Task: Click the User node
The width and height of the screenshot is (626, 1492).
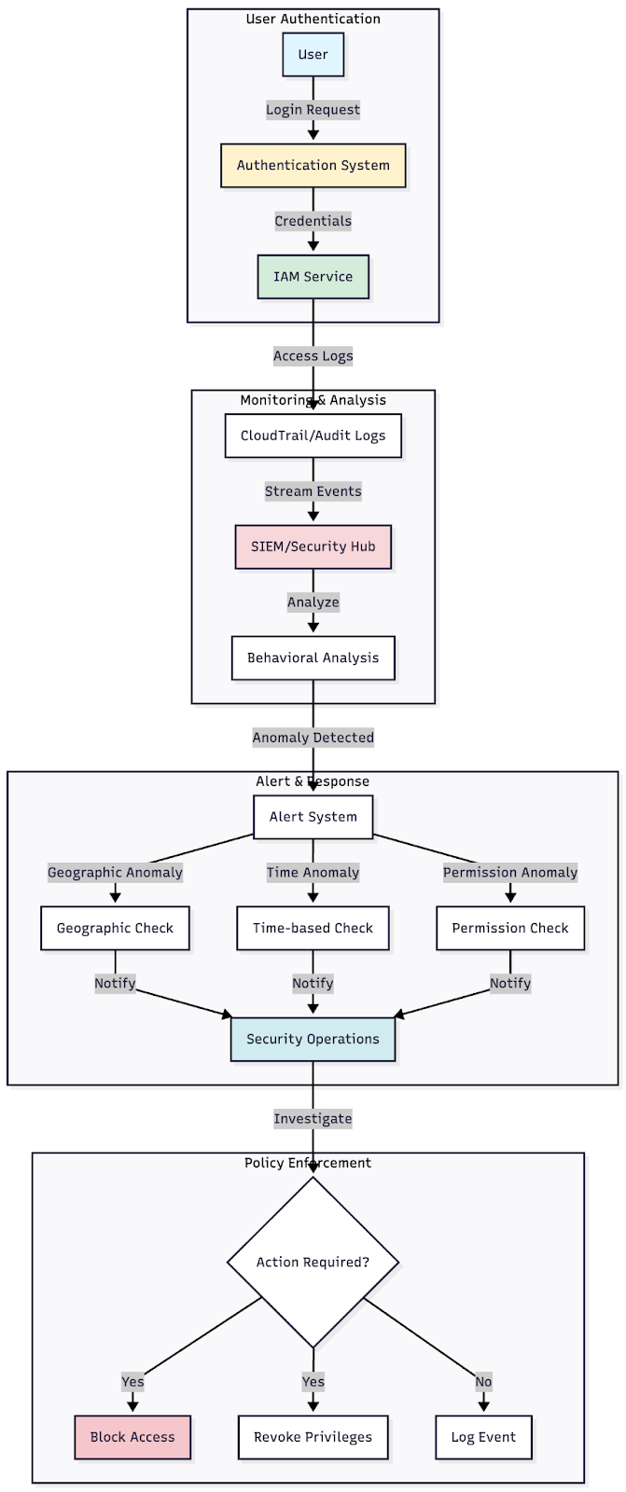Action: tap(313, 55)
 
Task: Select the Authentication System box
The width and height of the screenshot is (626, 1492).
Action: tap(313, 166)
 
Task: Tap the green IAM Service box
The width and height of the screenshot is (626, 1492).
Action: tap(313, 277)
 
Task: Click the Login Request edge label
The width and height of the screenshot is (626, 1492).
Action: tap(313, 110)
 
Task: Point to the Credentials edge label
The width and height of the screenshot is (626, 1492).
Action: tap(313, 221)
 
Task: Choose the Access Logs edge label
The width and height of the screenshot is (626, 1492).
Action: tap(313, 356)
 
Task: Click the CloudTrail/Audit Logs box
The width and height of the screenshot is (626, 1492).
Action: tap(313, 435)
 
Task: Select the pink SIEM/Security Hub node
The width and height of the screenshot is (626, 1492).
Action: tap(313, 546)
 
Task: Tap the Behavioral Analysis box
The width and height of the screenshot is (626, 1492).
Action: tap(313, 657)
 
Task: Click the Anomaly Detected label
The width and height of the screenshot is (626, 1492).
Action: tap(313, 738)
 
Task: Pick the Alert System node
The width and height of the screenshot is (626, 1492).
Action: tap(313, 817)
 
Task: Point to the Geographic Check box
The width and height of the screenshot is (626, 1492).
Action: tap(115, 928)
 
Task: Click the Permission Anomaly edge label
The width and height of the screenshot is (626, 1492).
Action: tap(509, 873)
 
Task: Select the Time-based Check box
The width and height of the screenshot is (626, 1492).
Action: tap(313, 928)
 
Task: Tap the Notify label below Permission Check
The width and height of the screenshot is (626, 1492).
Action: tap(509, 983)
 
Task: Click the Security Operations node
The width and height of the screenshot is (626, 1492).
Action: tap(313, 1039)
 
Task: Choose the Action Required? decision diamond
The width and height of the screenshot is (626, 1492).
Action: tap(313, 1262)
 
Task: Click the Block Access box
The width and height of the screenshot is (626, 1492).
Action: tap(132, 1437)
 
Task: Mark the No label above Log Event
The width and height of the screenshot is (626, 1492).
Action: tap(483, 1382)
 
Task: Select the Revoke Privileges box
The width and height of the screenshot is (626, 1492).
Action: tap(313, 1437)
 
